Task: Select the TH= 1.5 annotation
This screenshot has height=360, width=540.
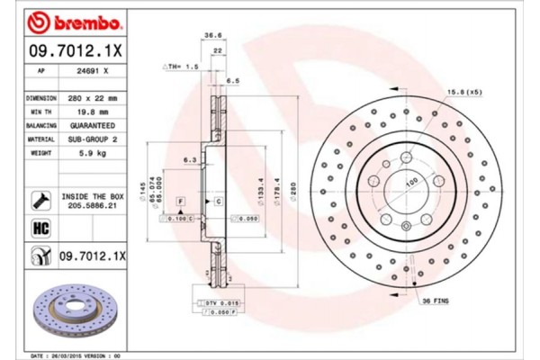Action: pyautogui.click(x=181, y=67)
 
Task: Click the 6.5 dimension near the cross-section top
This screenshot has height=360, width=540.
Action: pyautogui.click(x=233, y=80)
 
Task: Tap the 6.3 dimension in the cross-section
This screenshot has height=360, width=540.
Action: pyautogui.click(x=190, y=159)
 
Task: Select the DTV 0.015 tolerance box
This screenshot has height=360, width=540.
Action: pyautogui.click(x=218, y=302)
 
